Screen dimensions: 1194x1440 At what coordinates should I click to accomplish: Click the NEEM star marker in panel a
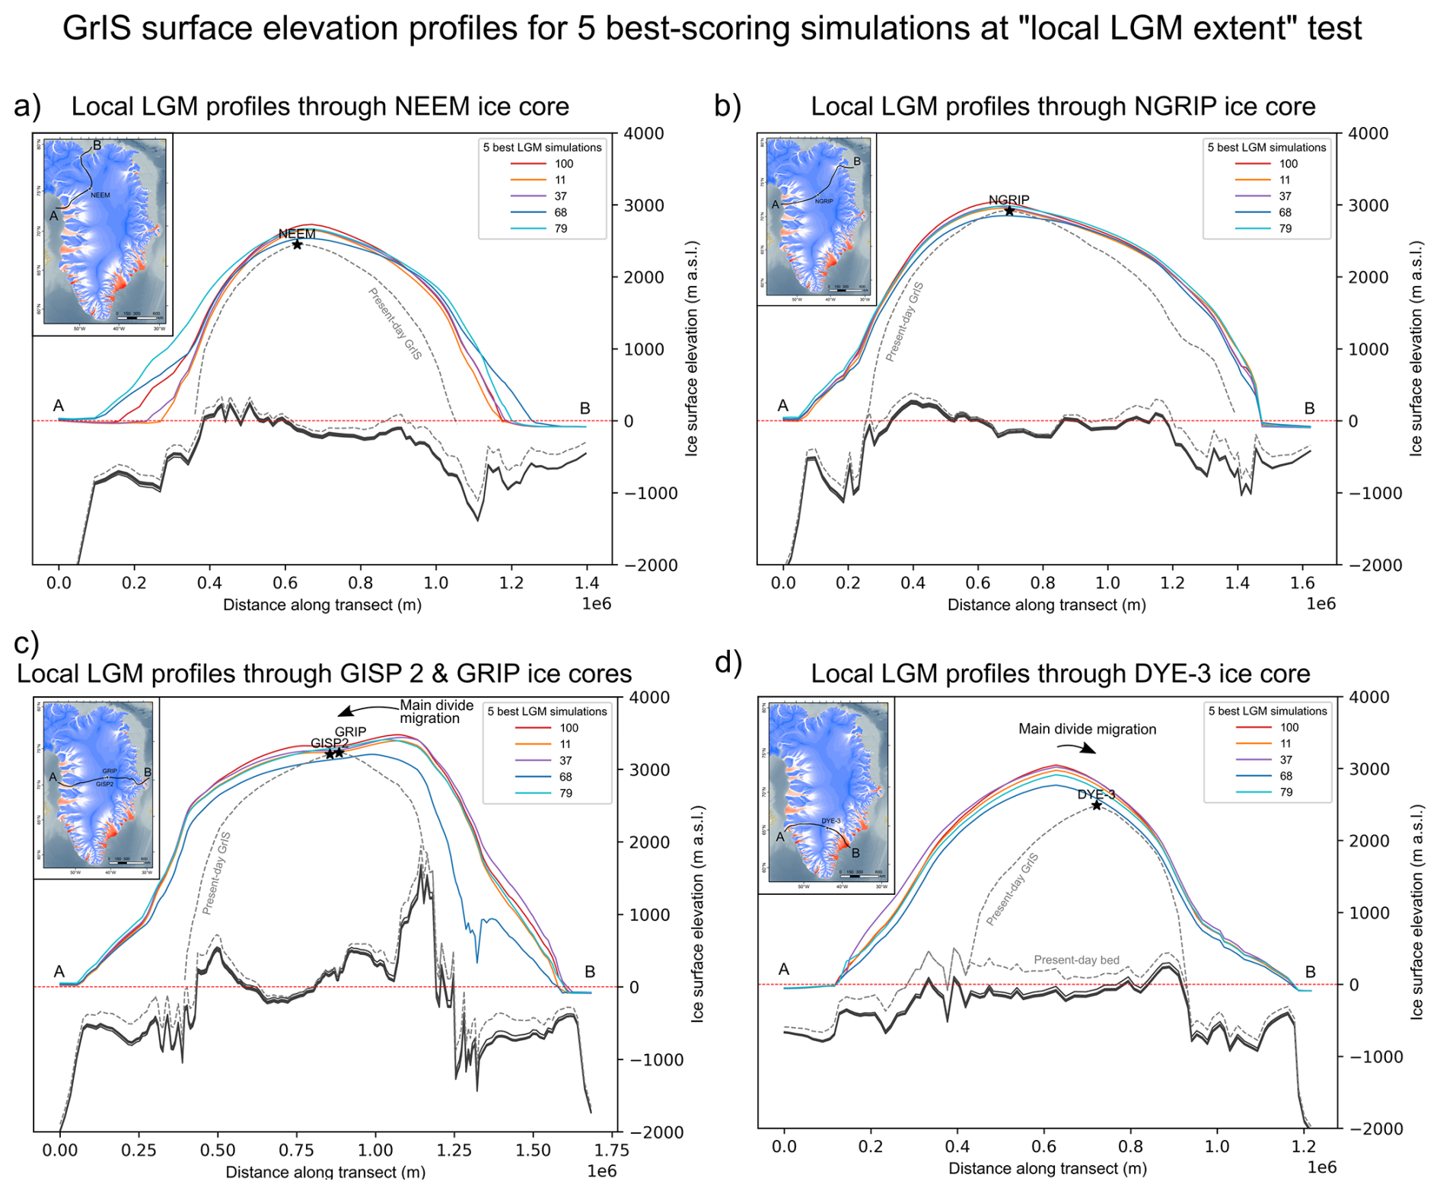point(297,244)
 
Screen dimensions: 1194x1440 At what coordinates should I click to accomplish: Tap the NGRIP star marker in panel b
point(1009,211)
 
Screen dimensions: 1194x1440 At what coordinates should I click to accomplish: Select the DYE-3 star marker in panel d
point(1096,805)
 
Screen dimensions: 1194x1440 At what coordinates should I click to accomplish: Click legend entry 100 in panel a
point(563,164)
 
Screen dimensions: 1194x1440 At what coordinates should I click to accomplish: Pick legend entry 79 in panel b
point(1285,228)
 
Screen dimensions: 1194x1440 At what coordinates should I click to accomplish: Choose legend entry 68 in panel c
point(565,776)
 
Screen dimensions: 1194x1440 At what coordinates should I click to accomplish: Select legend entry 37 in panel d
point(1285,759)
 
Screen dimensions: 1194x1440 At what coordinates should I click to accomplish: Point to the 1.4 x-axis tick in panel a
point(587,583)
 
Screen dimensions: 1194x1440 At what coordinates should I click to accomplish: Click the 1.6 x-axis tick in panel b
point(1302,583)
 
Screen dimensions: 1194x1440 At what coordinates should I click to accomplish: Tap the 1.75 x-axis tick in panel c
point(611,1150)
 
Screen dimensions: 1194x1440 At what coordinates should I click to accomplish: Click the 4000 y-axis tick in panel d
point(1368,697)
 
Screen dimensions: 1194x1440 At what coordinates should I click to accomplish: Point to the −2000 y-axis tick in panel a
point(650,565)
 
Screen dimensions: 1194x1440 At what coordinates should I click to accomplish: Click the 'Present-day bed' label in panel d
point(1076,960)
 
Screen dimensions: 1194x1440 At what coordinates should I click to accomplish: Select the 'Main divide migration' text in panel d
point(1087,729)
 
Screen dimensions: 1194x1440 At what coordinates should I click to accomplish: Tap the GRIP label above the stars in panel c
point(350,731)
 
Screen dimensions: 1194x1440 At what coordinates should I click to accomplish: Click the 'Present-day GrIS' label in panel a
point(395,324)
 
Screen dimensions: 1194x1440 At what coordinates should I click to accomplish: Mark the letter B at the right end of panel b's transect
point(1309,409)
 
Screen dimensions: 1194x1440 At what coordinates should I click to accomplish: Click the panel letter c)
point(27,643)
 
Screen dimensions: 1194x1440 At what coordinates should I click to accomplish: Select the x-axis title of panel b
point(1046,605)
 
